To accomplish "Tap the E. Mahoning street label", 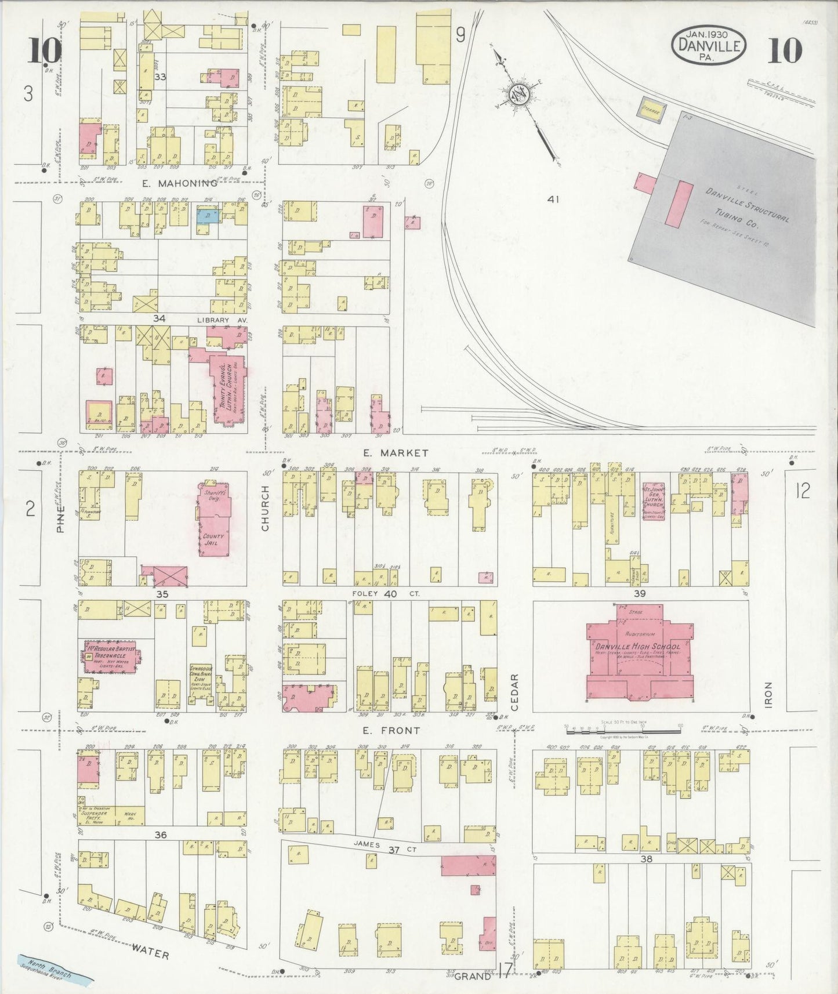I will pos(179,183).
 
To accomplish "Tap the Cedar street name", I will pos(514,692).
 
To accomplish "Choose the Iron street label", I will pos(768,693).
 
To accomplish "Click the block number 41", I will pos(553,199).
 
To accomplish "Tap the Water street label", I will pos(150,951).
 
